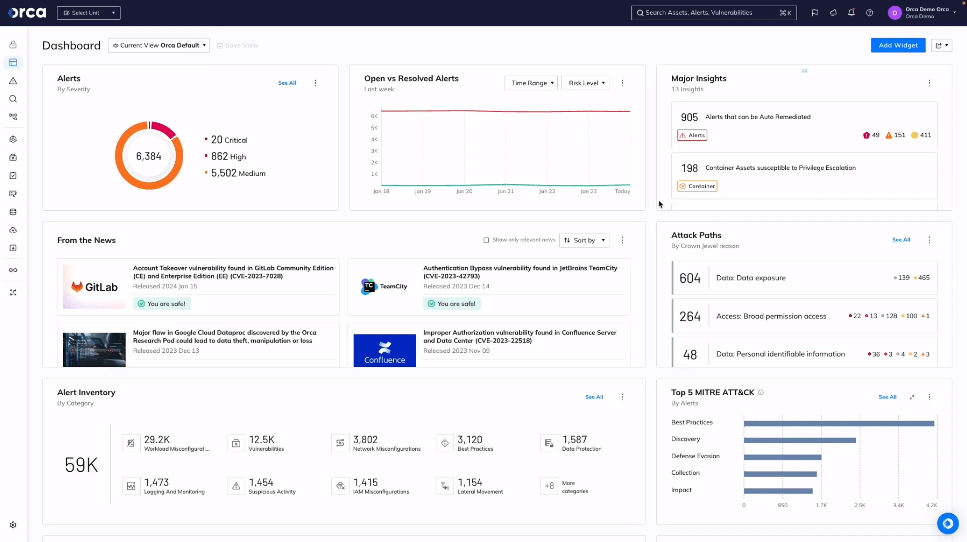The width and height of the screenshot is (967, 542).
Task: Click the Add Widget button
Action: click(x=898, y=45)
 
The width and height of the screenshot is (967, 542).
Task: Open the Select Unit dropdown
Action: click(x=89, y=13)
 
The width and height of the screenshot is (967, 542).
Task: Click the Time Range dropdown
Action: click(x=531, y=83)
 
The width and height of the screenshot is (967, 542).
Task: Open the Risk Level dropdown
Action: click(x=585, y=83)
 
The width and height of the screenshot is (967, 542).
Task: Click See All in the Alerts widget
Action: click(x=287, y=83)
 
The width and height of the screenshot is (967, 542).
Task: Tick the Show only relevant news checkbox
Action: click(x=486, y=240)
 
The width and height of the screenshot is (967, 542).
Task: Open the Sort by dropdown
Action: click(x=584, y=240)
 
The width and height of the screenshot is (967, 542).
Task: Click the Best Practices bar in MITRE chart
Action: click(x=838, y=423)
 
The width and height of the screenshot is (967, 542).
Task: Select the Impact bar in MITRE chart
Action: click(x=778, y=491)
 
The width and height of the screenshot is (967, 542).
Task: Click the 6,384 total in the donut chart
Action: click(x=149, y=156)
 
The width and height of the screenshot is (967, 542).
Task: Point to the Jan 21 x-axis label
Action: click(x=506, y=191)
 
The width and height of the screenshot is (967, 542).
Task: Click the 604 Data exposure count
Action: click(x=690, y=278)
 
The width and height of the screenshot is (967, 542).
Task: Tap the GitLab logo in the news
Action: click(x=94, y=287)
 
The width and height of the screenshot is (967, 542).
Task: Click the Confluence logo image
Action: click(x=385, y=351)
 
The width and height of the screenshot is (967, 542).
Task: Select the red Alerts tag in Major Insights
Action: click(x=692, y=135)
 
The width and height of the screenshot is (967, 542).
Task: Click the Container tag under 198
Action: click(x=697, y=186)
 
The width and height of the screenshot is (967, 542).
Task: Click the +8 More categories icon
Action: click(x=549, y=486)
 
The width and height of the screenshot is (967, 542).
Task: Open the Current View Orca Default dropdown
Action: click(x=159, y=45)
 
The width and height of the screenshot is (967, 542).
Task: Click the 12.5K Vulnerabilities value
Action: click(x=261, y=439)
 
